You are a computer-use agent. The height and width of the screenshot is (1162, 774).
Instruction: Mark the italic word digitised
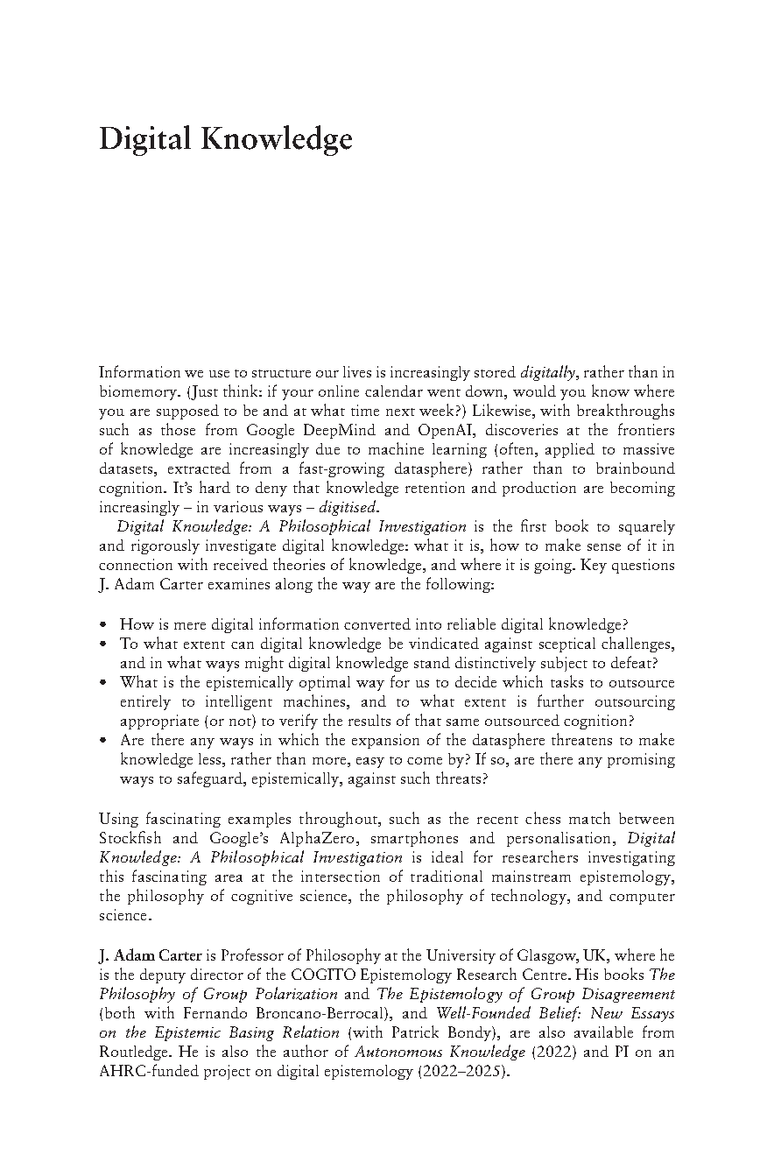[348, 507]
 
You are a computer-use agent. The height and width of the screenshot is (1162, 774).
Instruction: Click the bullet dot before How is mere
[104, 624]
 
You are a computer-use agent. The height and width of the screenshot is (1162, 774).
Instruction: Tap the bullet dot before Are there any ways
[104, 740]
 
